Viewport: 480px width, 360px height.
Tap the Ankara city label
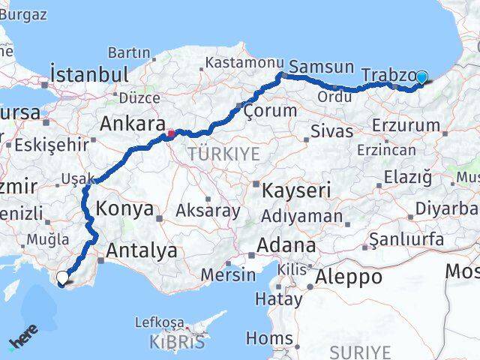point(132,124)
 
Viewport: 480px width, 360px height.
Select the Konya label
point(125,209)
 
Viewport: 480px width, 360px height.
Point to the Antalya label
point(142,250)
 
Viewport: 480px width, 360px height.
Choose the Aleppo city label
point(349,277)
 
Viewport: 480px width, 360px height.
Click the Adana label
point(286,245)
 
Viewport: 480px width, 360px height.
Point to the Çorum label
point(270,111)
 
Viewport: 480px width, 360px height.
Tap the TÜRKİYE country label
point(224,154)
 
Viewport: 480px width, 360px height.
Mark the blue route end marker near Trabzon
point(421,77)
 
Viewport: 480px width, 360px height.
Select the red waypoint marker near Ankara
point(171,135)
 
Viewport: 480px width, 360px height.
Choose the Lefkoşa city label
point(158,322)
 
